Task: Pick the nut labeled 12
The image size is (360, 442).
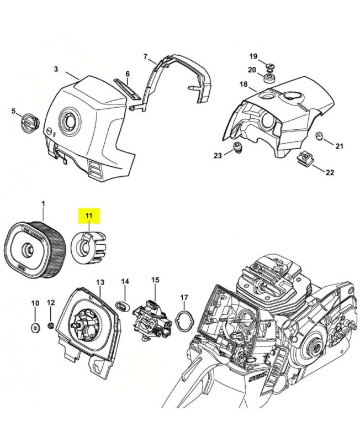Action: (51, 325)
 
